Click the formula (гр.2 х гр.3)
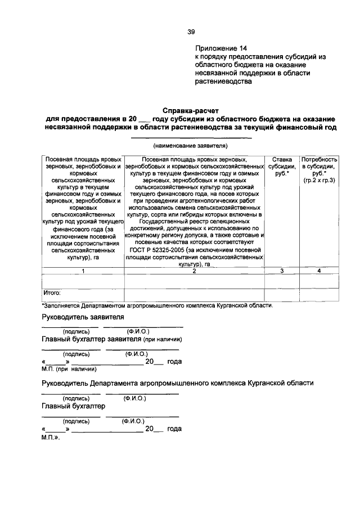(x=319, y=181)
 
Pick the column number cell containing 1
(x=83, y=271)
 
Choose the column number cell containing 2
(x=194, y=271)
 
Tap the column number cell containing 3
(x=281, y=271)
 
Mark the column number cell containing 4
(x=319, y=271)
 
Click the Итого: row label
(x=52, y=293)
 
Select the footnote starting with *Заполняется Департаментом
(x=157, y=306)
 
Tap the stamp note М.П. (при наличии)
(x=69, y=369)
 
